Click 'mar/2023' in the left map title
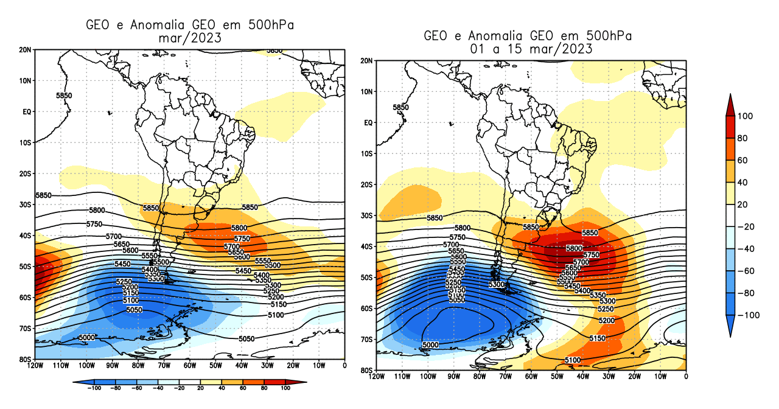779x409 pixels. [x=189, y=38]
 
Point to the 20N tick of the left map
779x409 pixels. [x=26, y=49]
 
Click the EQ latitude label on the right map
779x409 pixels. [x=368, y=123]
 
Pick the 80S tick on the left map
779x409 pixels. [x=26, y=359]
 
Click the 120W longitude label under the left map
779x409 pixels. [x=35, y=366]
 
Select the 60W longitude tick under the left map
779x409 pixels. [x=190, y=366]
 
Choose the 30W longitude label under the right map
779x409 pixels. [x=609, y=377]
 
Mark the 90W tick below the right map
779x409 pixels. [x=453, y=377]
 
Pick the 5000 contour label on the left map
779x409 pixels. [x=87, y=338]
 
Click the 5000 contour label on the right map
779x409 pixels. [x=430, y=345]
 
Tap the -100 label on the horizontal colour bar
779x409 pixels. [x=94, y=387]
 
